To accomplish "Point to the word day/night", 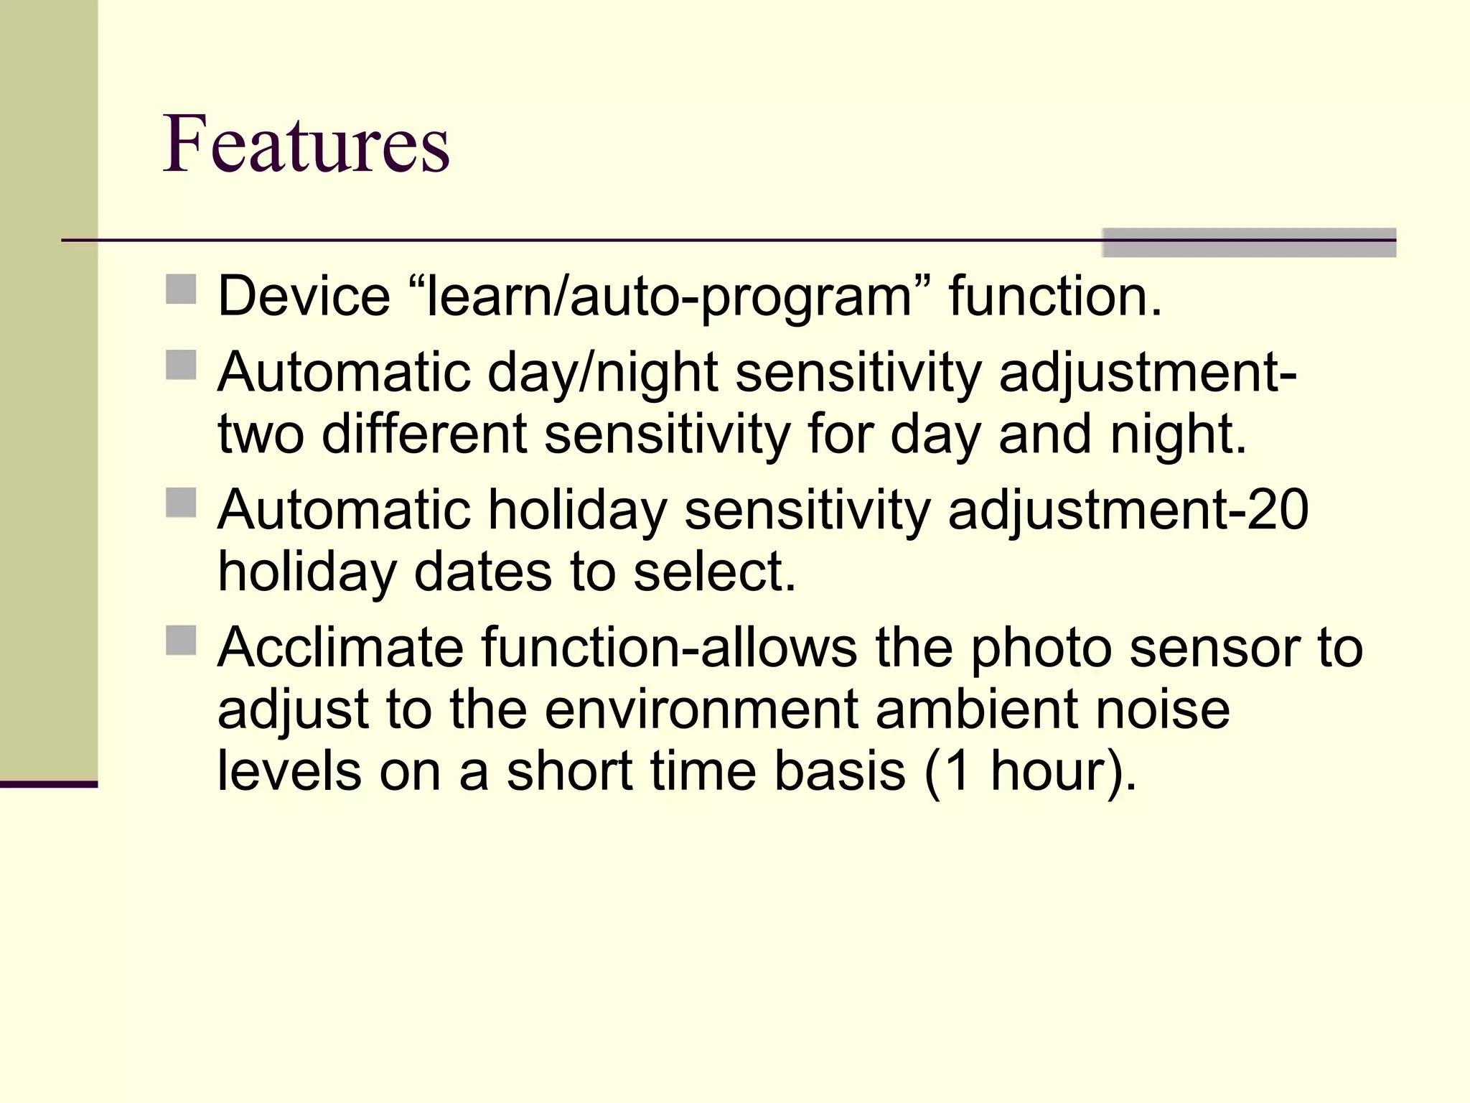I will click(x=603, y=373).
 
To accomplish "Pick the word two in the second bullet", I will click(x=261, y=434).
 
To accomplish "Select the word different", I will click(x=423, y=434).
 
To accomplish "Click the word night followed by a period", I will click(x=1178, y=434).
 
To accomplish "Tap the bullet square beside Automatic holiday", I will click(x=181, y=503).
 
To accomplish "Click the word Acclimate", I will click(x=340, y=648).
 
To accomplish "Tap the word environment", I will click(x=701, y=709).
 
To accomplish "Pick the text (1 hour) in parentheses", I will click(x=1031, y=771).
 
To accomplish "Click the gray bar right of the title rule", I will click(x=1249, y=242).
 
